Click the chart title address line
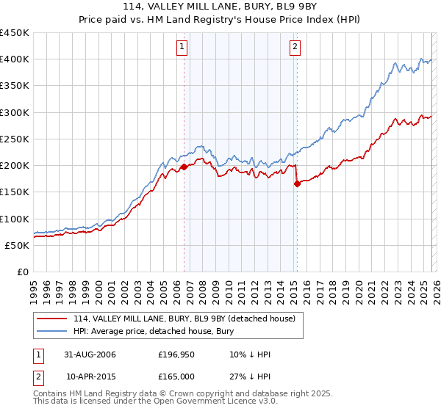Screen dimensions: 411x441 click(x=220, y=7)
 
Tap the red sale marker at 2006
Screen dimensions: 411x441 click(x=184, y=167)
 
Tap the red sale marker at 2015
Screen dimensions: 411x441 click(x=297, y=184)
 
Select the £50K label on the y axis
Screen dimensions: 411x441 click(x=18, y=245)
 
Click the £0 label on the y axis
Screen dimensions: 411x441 click(x=22, y=272)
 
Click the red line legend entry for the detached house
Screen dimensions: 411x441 click(x=184, y=319)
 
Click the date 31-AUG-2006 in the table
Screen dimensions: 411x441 click(x=90, y=354)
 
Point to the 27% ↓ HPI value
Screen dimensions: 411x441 click(x=250, y=377)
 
